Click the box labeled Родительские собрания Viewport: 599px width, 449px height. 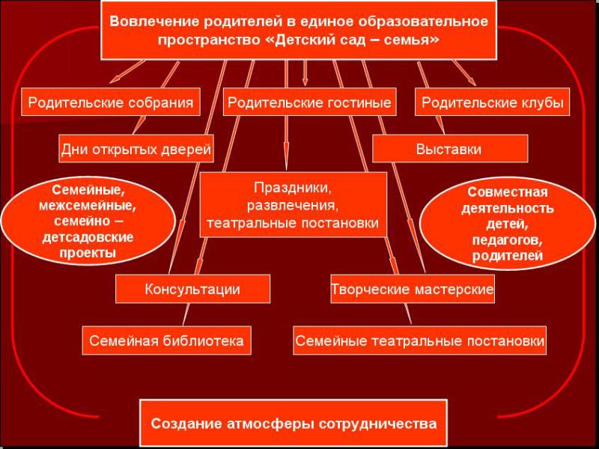[110, 102]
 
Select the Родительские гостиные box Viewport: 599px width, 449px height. [309, 102]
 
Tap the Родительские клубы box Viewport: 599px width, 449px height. [493, 102]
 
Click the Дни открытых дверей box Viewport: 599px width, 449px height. [136, 148]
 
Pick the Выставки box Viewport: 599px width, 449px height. [450, 148]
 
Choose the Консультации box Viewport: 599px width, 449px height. [192, 289]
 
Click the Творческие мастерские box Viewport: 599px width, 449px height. [413, 289]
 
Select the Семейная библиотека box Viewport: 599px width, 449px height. [166, 340]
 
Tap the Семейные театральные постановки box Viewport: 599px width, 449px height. [420, 340]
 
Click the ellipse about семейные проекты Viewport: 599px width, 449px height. [88, 222]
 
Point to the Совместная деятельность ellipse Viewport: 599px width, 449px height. [508, 223]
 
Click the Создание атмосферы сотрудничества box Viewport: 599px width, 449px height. [294, 423]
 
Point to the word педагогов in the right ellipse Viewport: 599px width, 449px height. [508, 240]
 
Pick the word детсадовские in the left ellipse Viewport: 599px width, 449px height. [88, 237]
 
